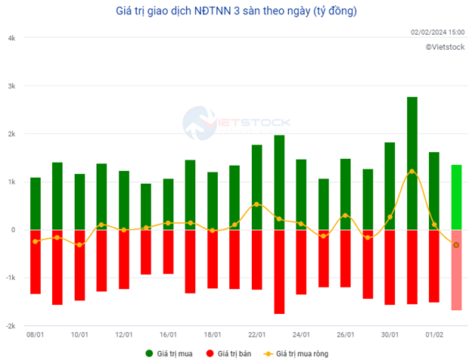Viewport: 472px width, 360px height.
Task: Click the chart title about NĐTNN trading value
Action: click(236, 11)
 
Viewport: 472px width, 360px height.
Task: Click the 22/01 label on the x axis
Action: click(256, 334)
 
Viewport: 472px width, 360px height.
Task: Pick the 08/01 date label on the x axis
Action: click(36, 334)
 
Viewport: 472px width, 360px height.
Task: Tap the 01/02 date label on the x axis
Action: click(433, 334)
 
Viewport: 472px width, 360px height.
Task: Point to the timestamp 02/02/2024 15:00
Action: click(437, 33)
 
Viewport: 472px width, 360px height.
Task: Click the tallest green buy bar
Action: click(411, 163)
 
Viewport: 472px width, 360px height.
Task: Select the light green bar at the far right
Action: click(456, 197)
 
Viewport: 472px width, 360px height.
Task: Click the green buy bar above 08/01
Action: click(36, 203)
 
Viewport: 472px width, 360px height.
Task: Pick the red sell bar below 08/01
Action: click(36, 262)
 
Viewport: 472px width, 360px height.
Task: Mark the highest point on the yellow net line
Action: click(411, 171)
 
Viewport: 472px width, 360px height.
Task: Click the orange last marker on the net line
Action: click(456, 245)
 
